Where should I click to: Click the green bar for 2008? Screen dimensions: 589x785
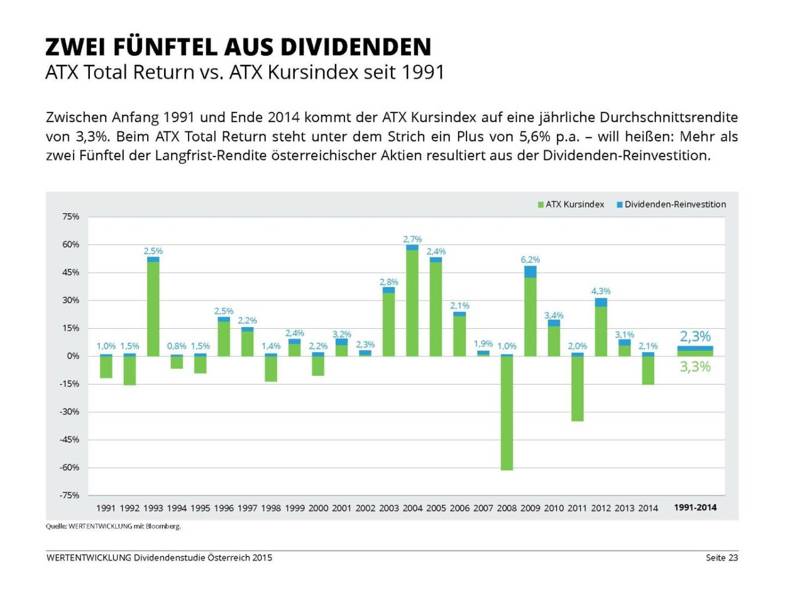(506, 413)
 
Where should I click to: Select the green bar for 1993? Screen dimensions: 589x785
(153, 309)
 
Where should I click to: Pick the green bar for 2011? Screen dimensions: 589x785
(577, 388)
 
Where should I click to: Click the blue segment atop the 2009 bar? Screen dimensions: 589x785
(530, 272)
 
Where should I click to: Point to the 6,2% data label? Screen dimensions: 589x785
(530, 260)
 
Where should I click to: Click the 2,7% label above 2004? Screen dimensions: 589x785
(412, 239)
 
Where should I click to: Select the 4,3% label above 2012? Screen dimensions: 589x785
(601, 291)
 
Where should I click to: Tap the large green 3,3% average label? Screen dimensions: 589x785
(695, 367)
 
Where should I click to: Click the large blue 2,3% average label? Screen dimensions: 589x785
(695, 336)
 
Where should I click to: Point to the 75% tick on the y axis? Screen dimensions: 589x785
(71, 217)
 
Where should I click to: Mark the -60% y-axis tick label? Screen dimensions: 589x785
(69, 467)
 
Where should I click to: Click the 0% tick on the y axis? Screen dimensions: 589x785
(73, 356)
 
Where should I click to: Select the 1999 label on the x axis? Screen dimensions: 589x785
(294, 508)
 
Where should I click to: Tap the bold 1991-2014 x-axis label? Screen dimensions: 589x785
(695, 507)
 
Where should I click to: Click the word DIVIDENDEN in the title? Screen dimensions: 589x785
(356, 47)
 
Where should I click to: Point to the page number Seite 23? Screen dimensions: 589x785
(721, 557)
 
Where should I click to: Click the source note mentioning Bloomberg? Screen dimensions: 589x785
(113, 526)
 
